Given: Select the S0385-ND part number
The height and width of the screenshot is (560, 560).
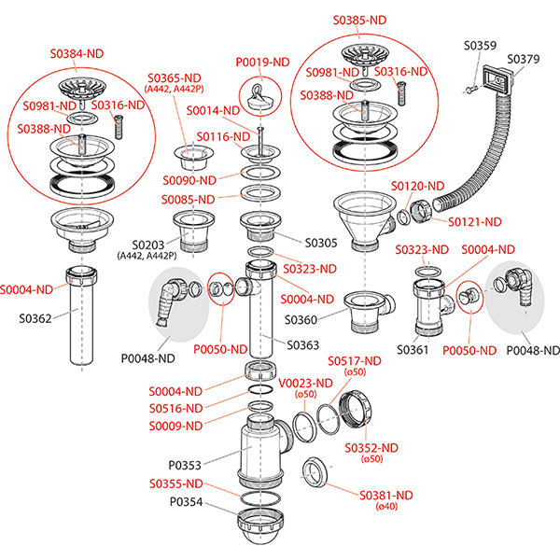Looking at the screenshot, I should (360, 19).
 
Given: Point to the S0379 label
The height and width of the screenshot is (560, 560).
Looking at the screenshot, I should (523, 59).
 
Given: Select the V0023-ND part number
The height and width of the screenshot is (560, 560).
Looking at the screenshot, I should (304, 383).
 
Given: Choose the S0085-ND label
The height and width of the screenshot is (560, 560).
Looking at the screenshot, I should (188, 199).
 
